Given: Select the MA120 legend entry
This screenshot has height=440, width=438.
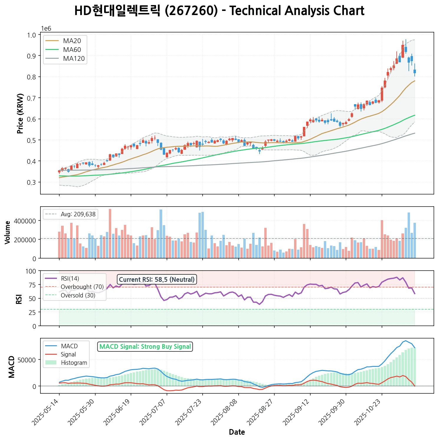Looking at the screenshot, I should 74,59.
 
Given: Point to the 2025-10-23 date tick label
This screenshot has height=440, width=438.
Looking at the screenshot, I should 369,411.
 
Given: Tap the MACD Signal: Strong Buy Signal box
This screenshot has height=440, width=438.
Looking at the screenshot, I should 145,346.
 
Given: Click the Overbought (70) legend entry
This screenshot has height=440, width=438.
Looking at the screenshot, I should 82,287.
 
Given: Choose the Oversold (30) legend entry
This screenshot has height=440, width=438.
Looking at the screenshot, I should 78,295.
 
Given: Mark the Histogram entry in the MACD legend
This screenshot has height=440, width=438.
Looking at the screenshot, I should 74,363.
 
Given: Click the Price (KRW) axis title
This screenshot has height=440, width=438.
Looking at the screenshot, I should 20,114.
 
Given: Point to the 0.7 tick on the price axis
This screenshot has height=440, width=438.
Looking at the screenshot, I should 32,98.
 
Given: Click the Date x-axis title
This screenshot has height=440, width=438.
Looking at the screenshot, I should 237,432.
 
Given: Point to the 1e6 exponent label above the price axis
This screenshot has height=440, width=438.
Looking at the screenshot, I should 46,29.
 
